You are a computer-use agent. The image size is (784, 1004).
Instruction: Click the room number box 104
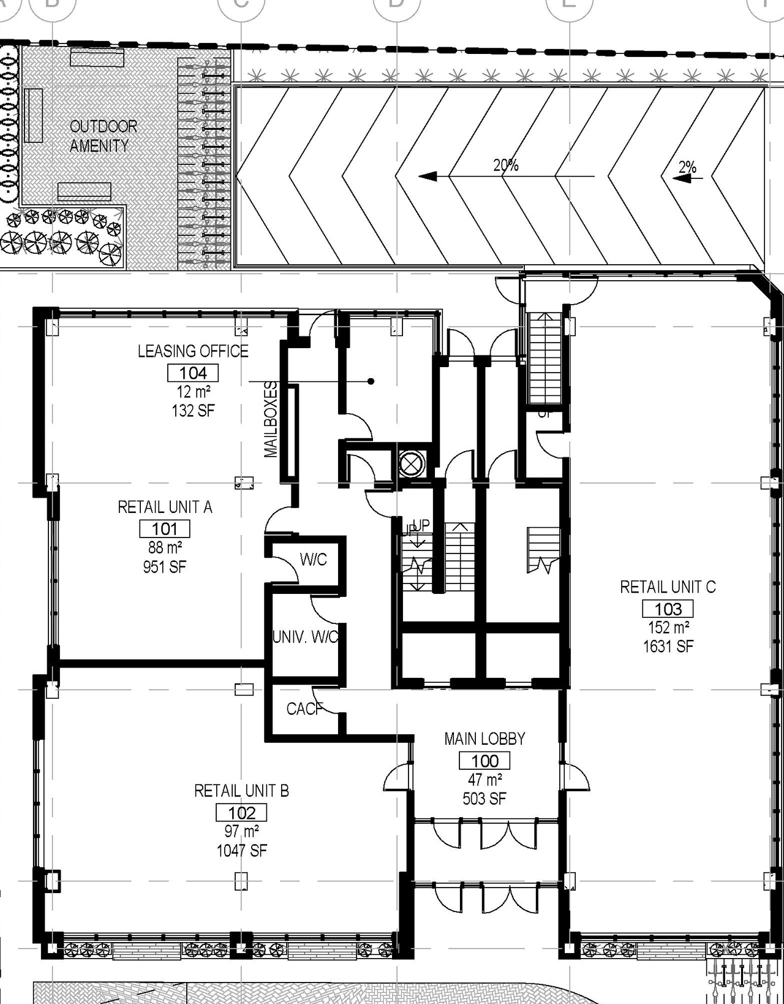193,373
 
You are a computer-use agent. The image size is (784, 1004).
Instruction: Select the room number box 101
165,528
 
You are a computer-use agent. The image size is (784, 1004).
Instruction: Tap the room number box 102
241,813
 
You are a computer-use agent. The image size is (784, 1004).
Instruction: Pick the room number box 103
668,609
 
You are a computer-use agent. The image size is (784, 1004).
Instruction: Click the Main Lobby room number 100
484,761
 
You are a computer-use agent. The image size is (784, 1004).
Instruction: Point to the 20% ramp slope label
506,165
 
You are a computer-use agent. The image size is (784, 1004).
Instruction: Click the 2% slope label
687,167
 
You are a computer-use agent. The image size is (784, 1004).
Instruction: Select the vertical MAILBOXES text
271,419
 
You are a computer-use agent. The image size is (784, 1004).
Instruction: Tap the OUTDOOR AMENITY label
103,136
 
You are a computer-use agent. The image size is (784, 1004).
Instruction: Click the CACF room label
304,709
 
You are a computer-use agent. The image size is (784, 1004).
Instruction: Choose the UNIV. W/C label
305,637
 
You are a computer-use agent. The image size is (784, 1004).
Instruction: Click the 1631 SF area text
668,646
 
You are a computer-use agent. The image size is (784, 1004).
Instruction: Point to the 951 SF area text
165,566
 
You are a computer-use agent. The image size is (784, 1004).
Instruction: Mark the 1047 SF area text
241,850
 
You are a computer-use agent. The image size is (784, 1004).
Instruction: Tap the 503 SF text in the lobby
484,799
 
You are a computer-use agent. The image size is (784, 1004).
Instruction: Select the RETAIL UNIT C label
668,587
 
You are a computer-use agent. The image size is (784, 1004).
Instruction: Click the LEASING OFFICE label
193,351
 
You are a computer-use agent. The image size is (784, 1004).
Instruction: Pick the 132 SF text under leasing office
193,410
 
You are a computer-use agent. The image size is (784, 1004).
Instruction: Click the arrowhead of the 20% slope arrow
427,177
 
